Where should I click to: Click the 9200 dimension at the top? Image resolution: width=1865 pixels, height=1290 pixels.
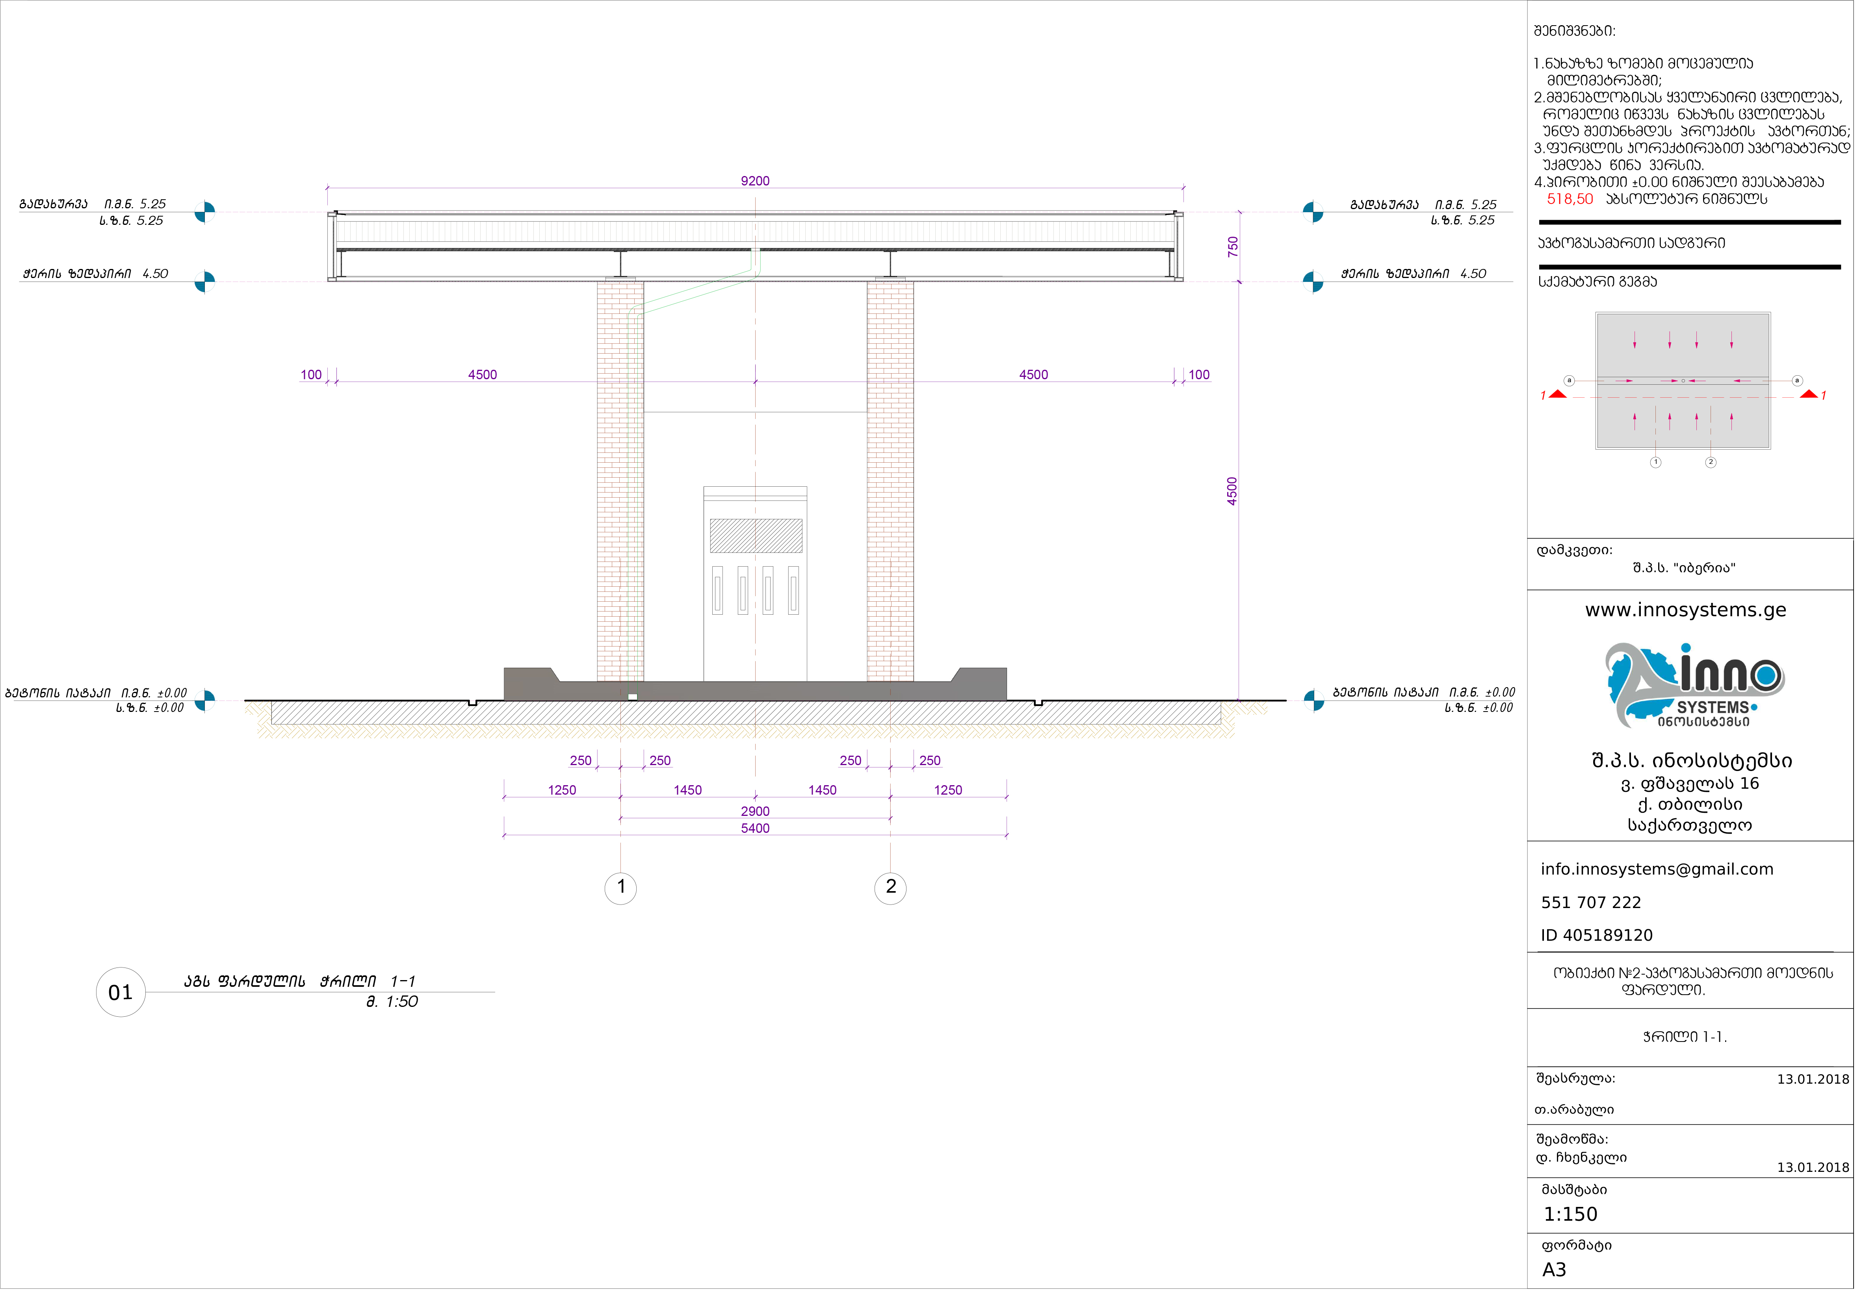755,181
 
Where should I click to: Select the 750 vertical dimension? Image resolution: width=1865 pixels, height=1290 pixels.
1232,247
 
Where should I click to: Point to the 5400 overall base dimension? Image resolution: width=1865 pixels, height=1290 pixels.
755,828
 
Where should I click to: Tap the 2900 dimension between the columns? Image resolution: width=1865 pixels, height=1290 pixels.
755,812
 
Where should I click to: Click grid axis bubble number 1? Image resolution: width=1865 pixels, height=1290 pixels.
621,888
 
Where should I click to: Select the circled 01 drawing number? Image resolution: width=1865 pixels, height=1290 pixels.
121,993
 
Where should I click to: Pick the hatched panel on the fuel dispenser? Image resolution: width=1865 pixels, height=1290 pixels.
756,536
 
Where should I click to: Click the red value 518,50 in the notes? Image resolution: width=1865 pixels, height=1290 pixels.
1569,199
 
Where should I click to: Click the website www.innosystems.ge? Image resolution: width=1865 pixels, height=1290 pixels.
1685,610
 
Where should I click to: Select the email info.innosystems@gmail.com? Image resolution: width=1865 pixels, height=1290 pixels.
1657,870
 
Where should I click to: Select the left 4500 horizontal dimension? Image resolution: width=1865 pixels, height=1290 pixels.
483,375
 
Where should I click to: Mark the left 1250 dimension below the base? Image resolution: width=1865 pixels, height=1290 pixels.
562,790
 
